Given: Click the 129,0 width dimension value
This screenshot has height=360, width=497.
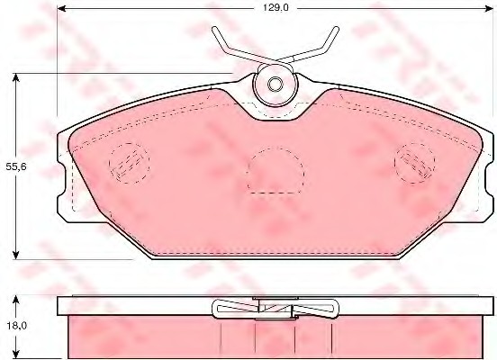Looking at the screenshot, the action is tap(276, 8).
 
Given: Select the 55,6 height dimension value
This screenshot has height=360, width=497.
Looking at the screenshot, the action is tap(16, 166).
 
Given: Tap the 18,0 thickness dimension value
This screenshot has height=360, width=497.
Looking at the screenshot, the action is tap(16, 326).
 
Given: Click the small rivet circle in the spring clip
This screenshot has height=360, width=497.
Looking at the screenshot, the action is tap(276, 85).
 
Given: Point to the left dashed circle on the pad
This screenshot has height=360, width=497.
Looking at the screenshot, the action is tap(130, 163).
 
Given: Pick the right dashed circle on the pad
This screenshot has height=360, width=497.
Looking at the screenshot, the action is tap(414, 163).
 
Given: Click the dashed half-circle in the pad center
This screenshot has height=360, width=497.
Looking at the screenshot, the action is tap(276, 171).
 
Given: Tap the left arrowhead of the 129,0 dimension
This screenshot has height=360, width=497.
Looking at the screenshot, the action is tap(62, 8).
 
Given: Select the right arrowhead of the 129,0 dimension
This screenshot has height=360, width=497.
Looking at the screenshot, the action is tap(489, 8).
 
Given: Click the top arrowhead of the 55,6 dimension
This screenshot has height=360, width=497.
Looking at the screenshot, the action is tap(15, 77).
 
